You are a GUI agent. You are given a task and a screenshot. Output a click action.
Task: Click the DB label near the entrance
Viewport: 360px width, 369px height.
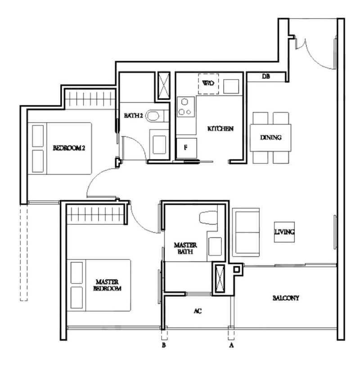click(x=266, y=76)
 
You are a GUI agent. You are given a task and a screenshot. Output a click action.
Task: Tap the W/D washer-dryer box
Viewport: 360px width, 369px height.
click(x=208, y=84)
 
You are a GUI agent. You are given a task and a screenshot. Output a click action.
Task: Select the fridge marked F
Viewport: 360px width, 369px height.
click(x=187, y=148)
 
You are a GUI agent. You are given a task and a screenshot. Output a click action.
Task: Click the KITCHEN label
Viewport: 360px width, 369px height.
click(x=220, y=128)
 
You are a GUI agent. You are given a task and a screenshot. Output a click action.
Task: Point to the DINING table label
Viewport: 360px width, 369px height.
click(x=271, y=137)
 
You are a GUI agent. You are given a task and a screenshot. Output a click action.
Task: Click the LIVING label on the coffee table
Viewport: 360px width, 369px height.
click(x=284, y=232)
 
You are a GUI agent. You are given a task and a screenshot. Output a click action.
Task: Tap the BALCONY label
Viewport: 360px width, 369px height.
click(x=286, y=298)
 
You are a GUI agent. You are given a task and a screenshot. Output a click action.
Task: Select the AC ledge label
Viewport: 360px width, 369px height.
click(x=198, y=311)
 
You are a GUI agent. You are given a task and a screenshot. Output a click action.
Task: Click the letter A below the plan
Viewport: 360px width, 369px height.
click(x=231, y=346)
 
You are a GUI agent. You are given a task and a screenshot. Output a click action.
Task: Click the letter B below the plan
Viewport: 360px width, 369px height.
click(x=164, y=346)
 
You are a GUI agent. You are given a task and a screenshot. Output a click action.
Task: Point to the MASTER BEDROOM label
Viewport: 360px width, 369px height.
click(x=108, y=285)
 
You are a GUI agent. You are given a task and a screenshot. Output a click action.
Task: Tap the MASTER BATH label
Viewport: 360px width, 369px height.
click(x=185, y=249)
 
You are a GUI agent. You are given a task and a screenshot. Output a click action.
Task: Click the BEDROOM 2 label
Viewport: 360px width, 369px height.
click(x=69, y=148)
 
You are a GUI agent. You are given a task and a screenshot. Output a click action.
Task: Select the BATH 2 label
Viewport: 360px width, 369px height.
click(x=134, y=116)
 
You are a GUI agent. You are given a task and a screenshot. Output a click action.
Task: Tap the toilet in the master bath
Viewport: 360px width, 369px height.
click(x=208, y=218)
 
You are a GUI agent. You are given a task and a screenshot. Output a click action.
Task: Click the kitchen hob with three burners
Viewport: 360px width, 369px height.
click(x=186, y=107)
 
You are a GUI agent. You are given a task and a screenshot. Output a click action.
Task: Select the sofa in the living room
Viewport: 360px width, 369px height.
click(x=246, y=232)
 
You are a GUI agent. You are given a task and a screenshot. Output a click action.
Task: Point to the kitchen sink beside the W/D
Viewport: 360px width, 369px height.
click(x=231, y=87)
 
